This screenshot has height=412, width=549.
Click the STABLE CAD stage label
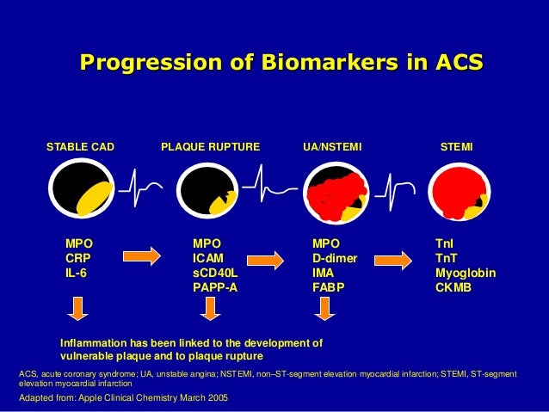pyautogui.click(x=80, y=147)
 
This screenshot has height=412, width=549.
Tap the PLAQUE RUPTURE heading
pyautogui.click(x=210, y=147)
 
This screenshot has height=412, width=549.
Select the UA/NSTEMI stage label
pyautogui.click(x=333, y=147)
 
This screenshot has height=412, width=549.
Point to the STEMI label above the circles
pyautogui.click(x=456, y=147)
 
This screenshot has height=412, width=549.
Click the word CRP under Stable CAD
pyautogui.click(x=78, y=257)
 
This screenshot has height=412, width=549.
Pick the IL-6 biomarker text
pyautogui.click(x=77, y=272)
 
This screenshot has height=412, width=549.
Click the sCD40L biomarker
pyautogui.click(x=213, y=272)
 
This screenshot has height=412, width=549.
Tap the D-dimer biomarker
pyautogui.click(x=335, y=257)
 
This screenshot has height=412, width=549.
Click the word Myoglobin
pyautogui.click(x=466, y=272)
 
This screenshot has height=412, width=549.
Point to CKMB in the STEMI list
pyautogui.click(x=453, y=286)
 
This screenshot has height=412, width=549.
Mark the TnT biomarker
pyautogui.click(x=446, y=257)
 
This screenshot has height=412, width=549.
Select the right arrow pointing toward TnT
pyautogui.click(x=394, y=256)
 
